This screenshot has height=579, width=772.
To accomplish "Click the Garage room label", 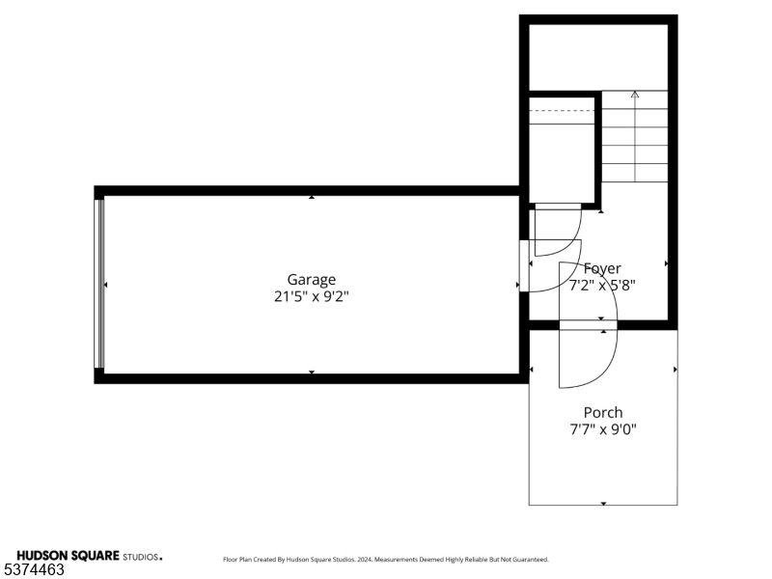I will coord(311,280).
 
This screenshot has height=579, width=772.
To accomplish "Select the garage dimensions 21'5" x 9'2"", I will coord(311,297).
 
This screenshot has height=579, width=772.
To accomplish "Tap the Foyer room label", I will coord(603,268).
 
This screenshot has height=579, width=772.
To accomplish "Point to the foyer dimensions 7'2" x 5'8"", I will coord(603,285).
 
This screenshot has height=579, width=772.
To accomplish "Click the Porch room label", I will coord(603,412).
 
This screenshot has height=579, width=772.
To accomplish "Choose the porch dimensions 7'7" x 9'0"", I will coord(603,429).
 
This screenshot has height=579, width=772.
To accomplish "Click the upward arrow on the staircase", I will coord(635,95).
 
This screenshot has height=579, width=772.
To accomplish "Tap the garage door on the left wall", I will coord(98,284).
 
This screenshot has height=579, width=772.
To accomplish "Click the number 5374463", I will coord(34,570).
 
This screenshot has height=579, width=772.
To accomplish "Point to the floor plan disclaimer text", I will coord(386,559).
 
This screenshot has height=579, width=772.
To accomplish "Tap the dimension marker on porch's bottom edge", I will coord(604,503).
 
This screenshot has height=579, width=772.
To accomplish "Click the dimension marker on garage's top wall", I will coord(311,198).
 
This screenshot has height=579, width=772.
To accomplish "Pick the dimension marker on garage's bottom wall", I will coord(311,372).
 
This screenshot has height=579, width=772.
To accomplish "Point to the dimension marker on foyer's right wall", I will coord(666,262).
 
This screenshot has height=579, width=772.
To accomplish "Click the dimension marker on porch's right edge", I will coord(675,370).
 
